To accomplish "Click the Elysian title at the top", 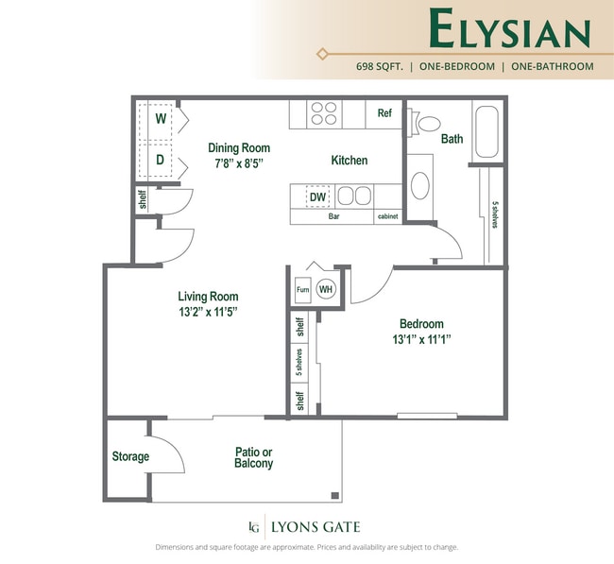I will (x=510, y=30).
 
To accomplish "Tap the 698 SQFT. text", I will (x=380, y=67).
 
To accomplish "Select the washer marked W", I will (x=161, y=119).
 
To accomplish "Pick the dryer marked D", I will (x=161, y=160).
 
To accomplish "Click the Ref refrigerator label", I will (x=384, y=113).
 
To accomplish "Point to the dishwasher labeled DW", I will (x=318, y=197).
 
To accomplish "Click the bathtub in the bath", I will (x=487, y=132).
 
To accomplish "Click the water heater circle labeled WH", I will (x=326, y=289).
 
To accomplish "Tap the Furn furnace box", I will (x=303, y=290).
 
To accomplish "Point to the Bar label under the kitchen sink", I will (x=333, y=216).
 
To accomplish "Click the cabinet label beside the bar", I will (x=388, y=216).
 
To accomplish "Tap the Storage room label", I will (x=130, y=456).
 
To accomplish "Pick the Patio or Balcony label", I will (x=253, y=457).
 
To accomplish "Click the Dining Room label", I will (x=239, y=147).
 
